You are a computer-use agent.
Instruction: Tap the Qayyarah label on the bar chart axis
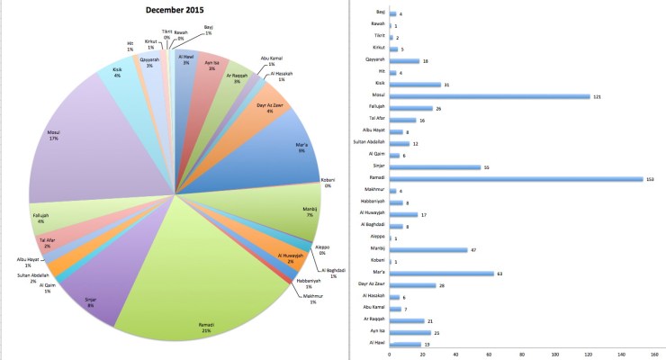point(372,61)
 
